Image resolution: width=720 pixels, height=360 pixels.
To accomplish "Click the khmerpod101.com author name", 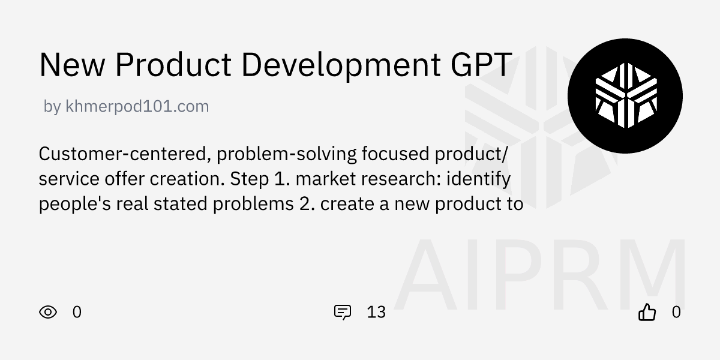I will (137, 107).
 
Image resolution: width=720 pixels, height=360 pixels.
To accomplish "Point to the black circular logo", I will (625, 95).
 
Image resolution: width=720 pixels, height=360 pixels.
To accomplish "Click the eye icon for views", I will (48, 312).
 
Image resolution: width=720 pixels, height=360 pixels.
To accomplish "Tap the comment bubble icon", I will (342, 312).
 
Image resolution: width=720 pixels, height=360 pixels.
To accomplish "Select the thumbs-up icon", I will (647, 312).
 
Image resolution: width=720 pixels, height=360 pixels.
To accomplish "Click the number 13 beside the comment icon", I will (376, 312).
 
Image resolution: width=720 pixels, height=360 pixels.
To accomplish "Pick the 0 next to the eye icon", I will (77, 312).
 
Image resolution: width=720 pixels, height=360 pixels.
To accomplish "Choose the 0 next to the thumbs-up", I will (676, 312).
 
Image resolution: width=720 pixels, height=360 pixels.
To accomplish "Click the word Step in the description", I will (247, 179).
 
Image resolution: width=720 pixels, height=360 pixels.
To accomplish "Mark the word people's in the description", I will (71, 204).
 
